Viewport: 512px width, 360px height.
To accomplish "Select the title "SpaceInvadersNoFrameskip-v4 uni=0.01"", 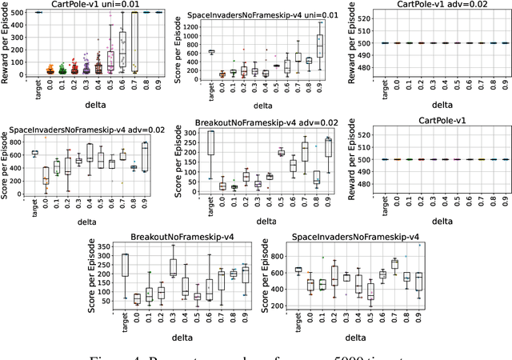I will click(x=262, y=16).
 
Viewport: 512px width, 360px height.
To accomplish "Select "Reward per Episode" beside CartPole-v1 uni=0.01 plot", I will click(x=6, y=43).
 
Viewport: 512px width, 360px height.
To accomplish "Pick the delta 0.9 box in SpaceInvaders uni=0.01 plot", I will click(x=320, y=46).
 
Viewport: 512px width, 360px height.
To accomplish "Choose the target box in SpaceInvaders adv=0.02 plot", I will click(x=34, y=153).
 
